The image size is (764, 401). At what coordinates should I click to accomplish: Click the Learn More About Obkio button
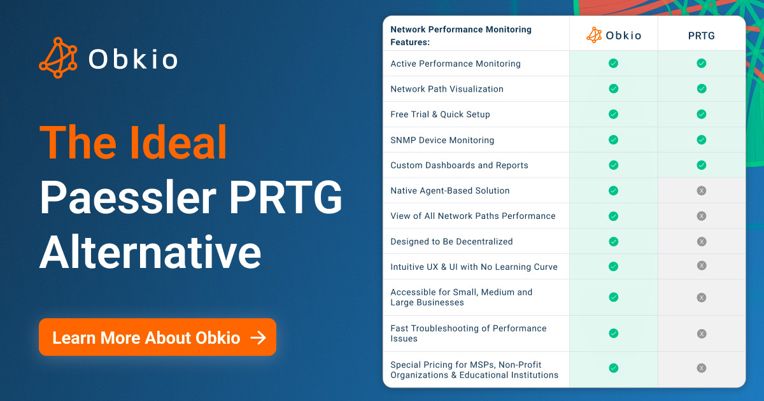click(157, 337)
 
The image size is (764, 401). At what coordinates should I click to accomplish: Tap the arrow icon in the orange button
click(258, 337)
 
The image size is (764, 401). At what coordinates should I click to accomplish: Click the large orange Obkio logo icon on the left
click(58, 58)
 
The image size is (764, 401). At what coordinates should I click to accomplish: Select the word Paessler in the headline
click(128, 197)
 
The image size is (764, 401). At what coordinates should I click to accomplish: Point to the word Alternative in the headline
click(150, 252)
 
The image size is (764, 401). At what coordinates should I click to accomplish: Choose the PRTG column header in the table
click(701, 36)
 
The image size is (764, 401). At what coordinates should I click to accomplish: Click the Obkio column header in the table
click(614, 35)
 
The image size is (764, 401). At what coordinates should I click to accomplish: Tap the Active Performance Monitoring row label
click(455, 64)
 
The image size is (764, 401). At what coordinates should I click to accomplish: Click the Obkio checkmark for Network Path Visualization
click(613, 88)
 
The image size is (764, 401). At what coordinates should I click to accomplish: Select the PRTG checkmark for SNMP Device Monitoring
click(701, 139)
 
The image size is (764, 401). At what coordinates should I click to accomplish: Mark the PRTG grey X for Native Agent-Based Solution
click(701, 190)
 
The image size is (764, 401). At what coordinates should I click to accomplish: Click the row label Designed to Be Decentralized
click(451, 241)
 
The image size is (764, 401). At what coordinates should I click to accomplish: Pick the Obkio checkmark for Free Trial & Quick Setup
click(613, 114)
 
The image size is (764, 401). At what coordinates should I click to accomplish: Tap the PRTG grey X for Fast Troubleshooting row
click(701, 334)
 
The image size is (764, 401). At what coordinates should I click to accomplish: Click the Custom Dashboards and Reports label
click(459, 165)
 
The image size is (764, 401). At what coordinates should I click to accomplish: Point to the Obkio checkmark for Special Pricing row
click(613, 368)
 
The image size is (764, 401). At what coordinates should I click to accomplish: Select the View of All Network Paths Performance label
click(472, 216)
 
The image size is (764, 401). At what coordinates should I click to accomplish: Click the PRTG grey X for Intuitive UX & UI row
click(701, 265)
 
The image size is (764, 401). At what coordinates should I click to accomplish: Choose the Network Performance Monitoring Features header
click(461, 36)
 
